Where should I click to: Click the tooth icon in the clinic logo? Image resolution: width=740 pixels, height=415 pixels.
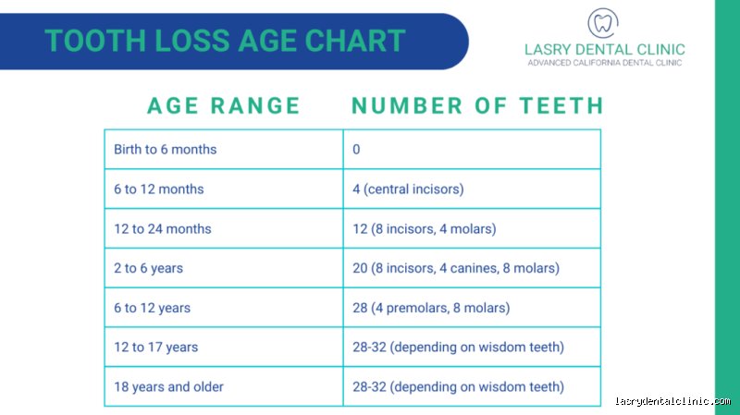(x=603, y=23)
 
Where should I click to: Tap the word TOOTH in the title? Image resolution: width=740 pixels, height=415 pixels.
(x=95, y=41)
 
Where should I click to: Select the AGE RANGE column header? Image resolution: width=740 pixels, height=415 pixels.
(x=224, y=105)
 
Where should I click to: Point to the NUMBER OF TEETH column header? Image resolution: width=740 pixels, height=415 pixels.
(x=477, y=105)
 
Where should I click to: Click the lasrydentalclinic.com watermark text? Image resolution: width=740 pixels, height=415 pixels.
(x=672, y=401)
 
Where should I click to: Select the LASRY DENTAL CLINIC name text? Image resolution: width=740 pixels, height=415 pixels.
(x=605, y=50)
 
